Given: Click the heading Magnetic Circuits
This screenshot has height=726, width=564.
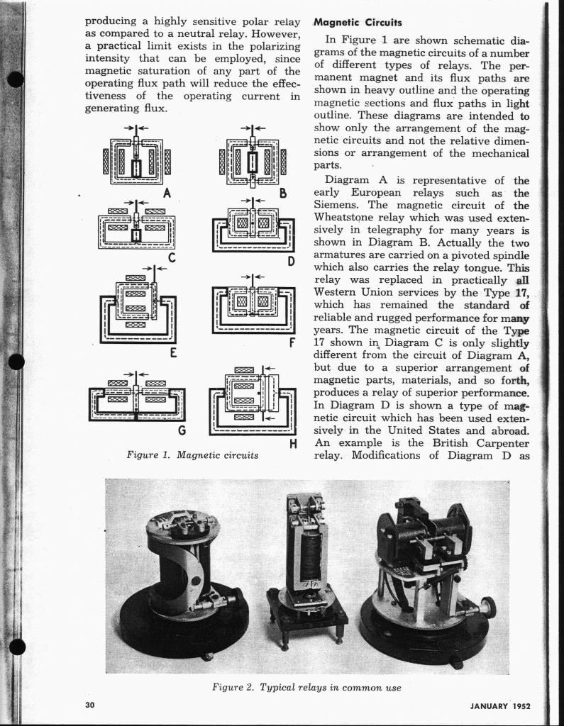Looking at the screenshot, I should (x=358, y=23).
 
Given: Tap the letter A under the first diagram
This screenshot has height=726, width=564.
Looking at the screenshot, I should (x=167, y=192).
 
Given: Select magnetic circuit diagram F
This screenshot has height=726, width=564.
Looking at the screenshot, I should (x=254, y=305).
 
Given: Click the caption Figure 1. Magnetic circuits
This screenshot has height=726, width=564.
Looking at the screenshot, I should (x=192, y=455).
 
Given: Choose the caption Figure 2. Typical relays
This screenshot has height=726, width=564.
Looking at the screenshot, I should (x=306, y=688).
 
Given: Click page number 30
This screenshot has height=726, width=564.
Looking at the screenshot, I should (x=89, y=705).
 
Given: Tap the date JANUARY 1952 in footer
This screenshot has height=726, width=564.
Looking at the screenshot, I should (x=499, y=706).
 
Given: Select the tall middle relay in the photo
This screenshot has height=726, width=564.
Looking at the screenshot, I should (x=306, y=560).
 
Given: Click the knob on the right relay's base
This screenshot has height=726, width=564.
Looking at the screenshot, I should (x=487, y=607).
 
